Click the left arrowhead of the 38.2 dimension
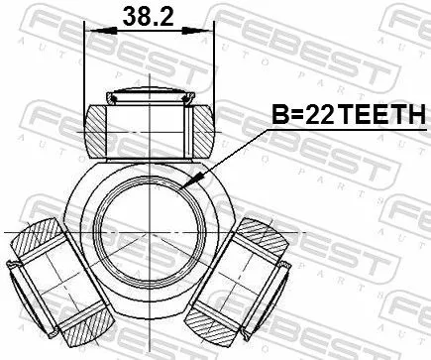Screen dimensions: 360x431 pyautogui.click(x=92, y=31)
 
